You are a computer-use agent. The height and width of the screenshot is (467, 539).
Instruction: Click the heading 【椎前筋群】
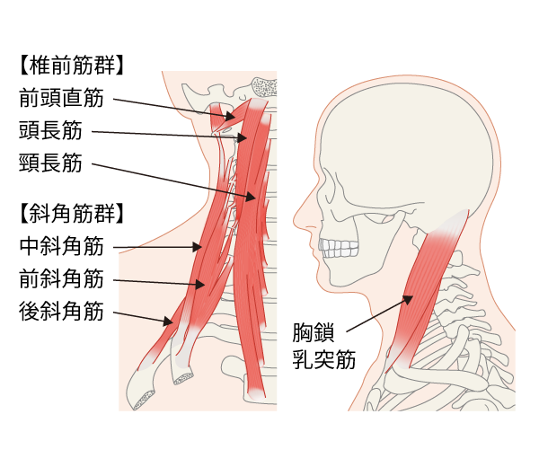(x=71, y=66)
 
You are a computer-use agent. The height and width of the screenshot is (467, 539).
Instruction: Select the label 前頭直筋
(x=61, y=96)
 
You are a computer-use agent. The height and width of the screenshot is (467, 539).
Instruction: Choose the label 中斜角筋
(x=61, y=244)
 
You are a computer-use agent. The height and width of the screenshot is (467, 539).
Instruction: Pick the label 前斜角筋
(x=61, y=278)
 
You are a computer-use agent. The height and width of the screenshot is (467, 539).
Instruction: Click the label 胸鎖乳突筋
(x=323, y=345)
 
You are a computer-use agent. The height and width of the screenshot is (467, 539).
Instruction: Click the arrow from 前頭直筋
(x=171, y=105)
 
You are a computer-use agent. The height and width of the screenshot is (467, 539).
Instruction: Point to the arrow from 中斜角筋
(x=157, y=246)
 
